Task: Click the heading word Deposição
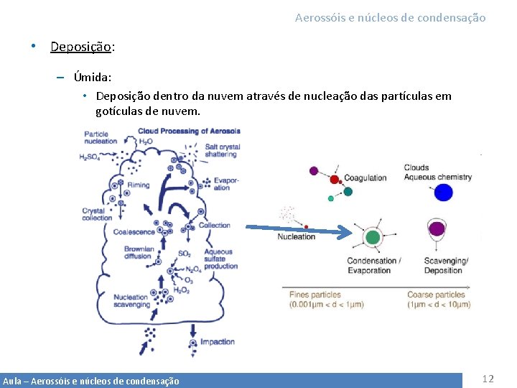(x=80, y=47)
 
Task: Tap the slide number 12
(x=488, y=379)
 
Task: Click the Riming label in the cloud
(x=138, y=185)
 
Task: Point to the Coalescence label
(x=134, y=232)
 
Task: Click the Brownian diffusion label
(x=138, y=252)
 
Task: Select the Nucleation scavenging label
(x=131, y=300)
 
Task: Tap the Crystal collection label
(x=97, y=214)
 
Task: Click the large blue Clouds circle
(x=443, y=192)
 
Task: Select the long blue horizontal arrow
(x=299, y=230)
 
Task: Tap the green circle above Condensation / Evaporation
(x=372, y=236)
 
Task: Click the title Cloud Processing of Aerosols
(x=189, y=131)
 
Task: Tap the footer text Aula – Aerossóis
(x=90, y=381)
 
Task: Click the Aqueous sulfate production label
(x=220, y=259)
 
